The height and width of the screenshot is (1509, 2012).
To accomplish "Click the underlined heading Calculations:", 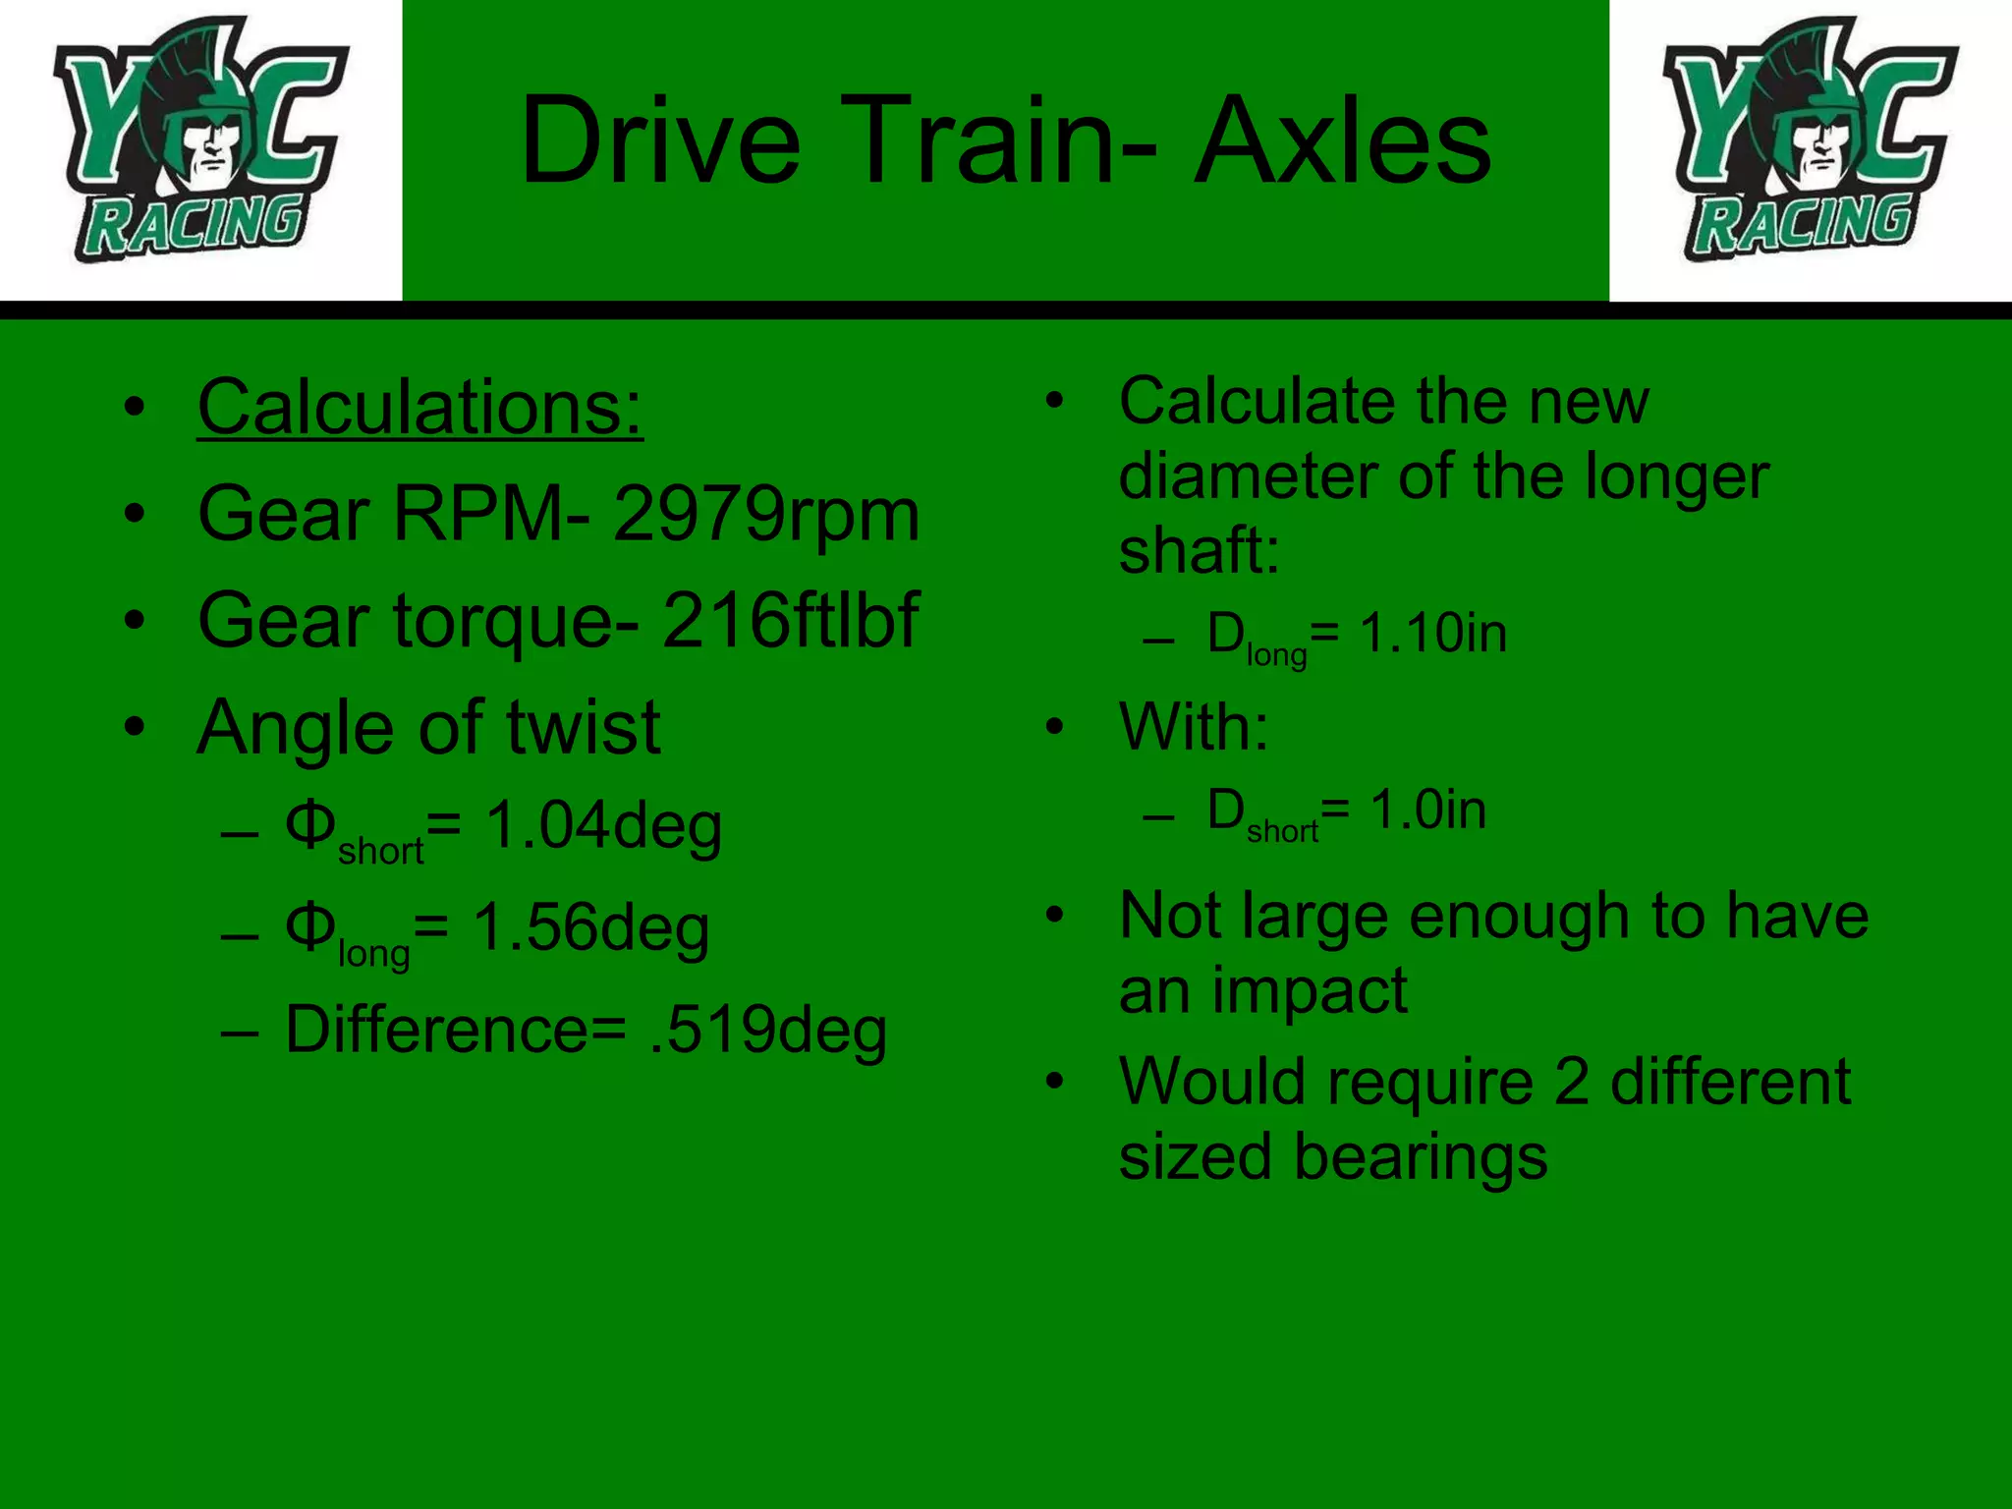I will click(419, 408).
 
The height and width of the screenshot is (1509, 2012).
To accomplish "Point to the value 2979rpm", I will click(766, 515).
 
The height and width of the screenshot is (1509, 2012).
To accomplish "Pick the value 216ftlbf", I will click(791, 621).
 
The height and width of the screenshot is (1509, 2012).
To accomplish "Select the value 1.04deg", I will click(604, 825).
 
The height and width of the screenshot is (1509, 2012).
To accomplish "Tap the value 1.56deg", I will click(591, 928).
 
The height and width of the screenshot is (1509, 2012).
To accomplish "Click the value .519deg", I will click(768, 1031).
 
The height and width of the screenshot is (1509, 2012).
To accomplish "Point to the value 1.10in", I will click(1432, 633).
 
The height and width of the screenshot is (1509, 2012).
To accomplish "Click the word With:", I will click(1194, 727).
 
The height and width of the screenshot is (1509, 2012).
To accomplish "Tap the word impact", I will click(1310, 990).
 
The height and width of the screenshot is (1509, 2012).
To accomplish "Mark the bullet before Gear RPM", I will click(135, 514).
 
